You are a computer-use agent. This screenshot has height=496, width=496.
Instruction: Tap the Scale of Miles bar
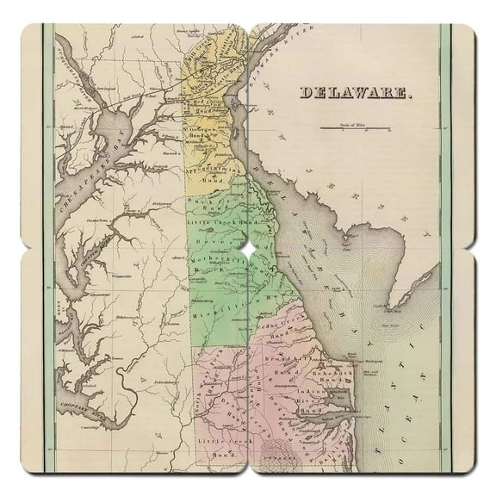coord(355,130)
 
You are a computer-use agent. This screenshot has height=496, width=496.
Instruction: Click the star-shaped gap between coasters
coord(248,248)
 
